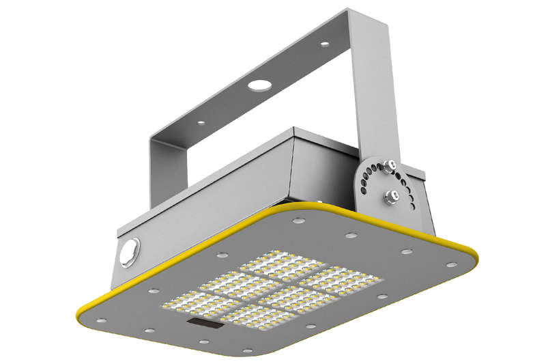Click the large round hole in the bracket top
(x=259, y=85)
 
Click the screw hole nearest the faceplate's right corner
(x=450, y=263)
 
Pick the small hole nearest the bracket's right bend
(x=324, y=44)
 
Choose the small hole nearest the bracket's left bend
(x=201, y=123)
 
